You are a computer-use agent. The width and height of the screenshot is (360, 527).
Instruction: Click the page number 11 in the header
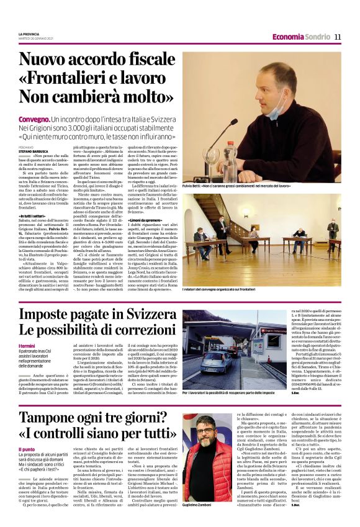(x=338, y=37)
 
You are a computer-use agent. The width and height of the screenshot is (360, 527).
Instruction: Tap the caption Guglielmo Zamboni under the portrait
(x=197, y=507)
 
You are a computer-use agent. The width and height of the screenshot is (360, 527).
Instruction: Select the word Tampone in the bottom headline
(x=52, y=418)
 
